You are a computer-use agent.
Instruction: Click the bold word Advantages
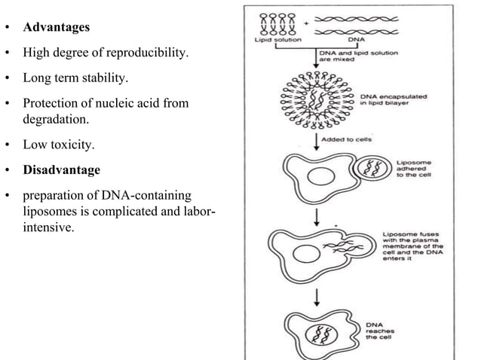pyautogui.click(x=57, y=28)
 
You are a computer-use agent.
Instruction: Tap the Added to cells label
pyautogui.click(x=347, y=140)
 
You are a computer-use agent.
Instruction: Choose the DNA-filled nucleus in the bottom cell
pyautogui.click(x=314, y=332)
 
